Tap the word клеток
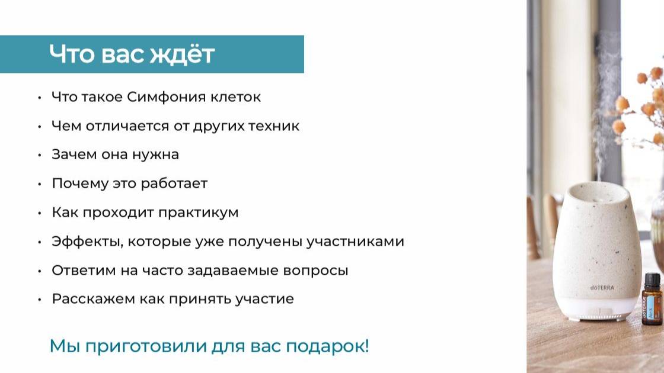pos(235,97)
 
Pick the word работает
pos(174,184)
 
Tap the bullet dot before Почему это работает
pos(39,184)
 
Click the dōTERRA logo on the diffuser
pos(585,288)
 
